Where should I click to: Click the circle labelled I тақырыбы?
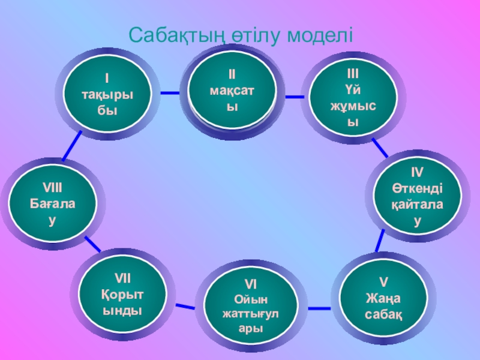pyautogui.click(x=107, y=94)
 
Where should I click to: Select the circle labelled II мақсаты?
pyautogui.click(x=232, y=91)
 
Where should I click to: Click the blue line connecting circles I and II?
pyautogui.click(x=170, y=93)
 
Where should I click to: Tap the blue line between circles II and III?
pyautogui.click(x=293, y=96)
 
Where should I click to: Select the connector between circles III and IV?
pyautogui.click(x=379, y=147)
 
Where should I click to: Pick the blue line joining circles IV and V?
pyautogui.click(x=379, y=241)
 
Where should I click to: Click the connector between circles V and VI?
pyautogui.click(x=319, y=308)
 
